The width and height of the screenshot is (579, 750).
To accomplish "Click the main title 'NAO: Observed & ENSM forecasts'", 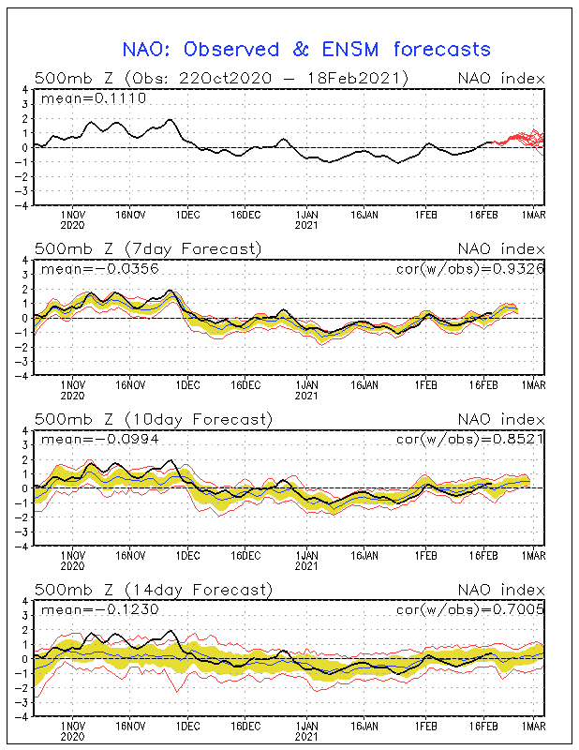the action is coord(306,50).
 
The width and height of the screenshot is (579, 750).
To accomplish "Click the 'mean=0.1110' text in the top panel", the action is coord(94,98).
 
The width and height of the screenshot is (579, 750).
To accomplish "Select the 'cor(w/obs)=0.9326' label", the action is coord(470,269).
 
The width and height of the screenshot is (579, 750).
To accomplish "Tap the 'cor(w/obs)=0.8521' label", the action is coord(470,439).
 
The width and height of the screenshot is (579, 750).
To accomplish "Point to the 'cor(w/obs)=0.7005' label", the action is coord(470,608).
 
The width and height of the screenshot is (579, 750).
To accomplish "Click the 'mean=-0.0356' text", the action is coord(100,269).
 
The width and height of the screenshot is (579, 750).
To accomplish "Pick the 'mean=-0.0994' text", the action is coord(100,439).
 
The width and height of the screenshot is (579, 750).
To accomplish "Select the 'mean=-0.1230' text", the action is coord(100,609).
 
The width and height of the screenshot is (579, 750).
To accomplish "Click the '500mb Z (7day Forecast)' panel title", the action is coord(148,249).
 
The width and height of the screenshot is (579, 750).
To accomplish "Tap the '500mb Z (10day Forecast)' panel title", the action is coord(154,419).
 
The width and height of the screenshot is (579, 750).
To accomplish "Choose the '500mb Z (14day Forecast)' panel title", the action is coord(154,590).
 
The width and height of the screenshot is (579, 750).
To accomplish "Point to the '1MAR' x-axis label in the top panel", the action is coord(533,216).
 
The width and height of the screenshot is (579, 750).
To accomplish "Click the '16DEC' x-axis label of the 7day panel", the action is coord(245,385).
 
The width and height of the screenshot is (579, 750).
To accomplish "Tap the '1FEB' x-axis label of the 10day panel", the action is coord(425,556).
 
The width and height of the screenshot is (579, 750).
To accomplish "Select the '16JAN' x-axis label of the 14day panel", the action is coord(364,726).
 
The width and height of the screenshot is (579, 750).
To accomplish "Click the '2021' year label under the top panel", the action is coord(306,225).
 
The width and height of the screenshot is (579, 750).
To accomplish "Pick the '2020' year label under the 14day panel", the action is coord(73,737).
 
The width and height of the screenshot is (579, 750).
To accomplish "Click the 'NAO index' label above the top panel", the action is coord(501,79).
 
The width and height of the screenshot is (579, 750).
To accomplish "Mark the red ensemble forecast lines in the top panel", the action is coord(518,142).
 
